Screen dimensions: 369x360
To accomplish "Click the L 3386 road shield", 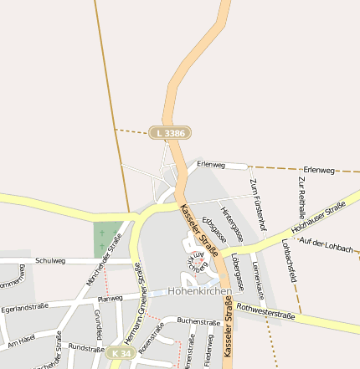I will tap(170, 132).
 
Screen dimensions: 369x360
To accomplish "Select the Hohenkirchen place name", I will tap(199, 292).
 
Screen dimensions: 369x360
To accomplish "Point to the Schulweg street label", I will tap(50, 260).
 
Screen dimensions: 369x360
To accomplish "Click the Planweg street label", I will tap(111, 298).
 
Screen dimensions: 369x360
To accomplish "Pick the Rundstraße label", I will tap(85, 346).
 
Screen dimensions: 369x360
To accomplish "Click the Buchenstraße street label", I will tap(199, 321).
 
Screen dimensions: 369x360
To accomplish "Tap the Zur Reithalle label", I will tap(301, 197).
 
